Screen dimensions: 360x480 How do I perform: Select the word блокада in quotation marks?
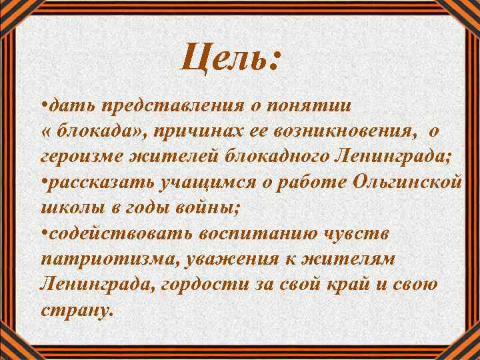[97, 131]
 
